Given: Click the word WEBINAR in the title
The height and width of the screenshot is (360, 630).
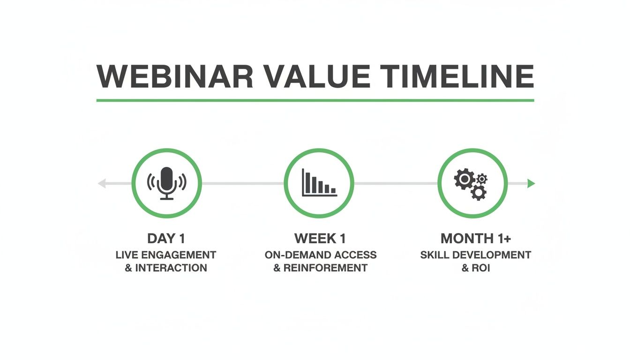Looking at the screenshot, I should click(174, 76).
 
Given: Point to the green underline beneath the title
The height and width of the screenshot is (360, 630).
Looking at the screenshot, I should click(315, 100).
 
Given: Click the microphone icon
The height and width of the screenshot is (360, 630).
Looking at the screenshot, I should click(166, 183).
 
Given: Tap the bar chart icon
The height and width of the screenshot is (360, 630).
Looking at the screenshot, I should click(319, 183).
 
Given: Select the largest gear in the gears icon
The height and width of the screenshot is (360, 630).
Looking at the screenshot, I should click(465, 179).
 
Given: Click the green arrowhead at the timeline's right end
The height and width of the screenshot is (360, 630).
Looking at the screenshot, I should click(531, 184).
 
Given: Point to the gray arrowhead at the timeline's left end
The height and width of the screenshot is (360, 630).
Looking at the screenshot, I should click(101, 184).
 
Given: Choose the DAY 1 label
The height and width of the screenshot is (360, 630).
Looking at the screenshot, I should click(166, 239).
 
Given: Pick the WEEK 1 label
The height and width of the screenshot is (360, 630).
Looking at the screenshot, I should click(320, 239).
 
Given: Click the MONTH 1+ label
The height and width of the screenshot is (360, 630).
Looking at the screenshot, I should click(475, 239).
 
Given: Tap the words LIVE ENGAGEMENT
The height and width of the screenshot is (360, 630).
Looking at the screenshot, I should click(166, 255).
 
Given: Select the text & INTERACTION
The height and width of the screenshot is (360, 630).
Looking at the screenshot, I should click(166, 268).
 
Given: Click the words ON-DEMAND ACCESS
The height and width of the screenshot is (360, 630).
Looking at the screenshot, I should click(320, 255).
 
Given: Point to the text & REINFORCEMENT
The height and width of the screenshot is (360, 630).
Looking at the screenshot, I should click(320, 268).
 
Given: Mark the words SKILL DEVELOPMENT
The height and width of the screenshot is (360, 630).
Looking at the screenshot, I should click(475, 255).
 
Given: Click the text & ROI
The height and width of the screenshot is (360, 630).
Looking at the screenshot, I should click(475, 268).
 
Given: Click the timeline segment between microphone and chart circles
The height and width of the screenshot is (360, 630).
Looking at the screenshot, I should click(243, 184).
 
